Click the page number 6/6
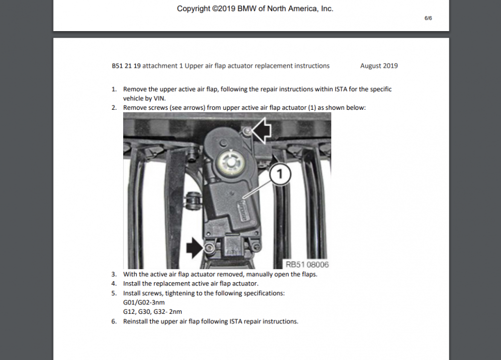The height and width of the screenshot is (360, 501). pyautogui.click(x=428, y=18)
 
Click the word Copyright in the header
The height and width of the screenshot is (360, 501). pyautogui.click(x=193, y=9)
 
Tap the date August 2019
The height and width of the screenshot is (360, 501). pyautogui.click(x=379, y=66)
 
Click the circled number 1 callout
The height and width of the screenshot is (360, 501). pyautogui.click(x=281, y=173)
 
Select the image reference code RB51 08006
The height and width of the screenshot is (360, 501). pyautogui.click(x=307, y=264)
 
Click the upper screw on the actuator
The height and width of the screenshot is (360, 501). pyautogui.click(x=246, y=131)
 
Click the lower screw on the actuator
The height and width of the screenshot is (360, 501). pyautogui.click(x=209, y=248)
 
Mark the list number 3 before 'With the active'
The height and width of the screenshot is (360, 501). pyautogui.click(x=114, y=274)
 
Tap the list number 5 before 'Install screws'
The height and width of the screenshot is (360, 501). pyautogui.click(x=114, y=293)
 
